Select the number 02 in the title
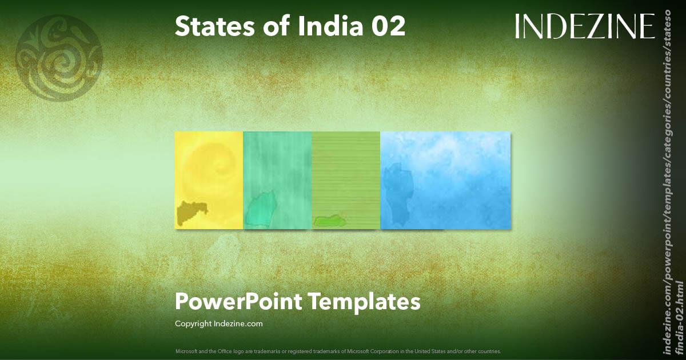(x=387, y=27)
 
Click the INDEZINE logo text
(x=584, y=27)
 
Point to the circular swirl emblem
(x=59, y=58)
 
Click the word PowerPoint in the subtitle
(x=237, y=301)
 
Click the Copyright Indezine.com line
(x=219, y=323)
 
